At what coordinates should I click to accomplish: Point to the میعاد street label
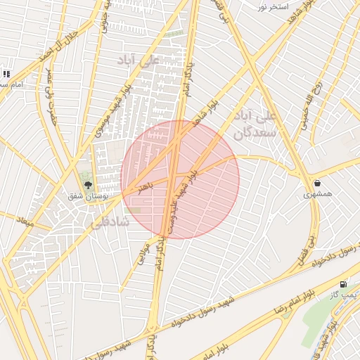pos(25,221)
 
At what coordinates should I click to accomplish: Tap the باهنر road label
pos(144,188)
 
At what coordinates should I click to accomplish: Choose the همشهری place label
pos(319,193)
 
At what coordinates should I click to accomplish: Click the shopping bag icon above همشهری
pos(318,183)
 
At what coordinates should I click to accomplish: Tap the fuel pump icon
pos(343,284)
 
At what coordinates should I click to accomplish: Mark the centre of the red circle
pos(180,179)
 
